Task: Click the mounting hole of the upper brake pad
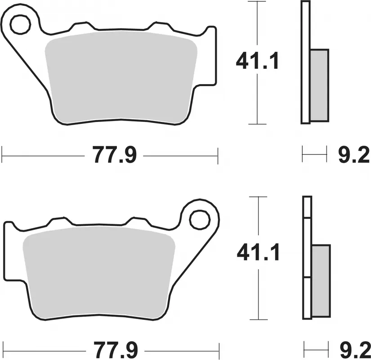20,25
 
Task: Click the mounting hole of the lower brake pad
199,220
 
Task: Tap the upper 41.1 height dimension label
257,61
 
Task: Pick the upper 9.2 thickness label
353,156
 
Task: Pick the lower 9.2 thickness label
354,349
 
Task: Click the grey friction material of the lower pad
99,270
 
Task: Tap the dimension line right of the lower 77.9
180,349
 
